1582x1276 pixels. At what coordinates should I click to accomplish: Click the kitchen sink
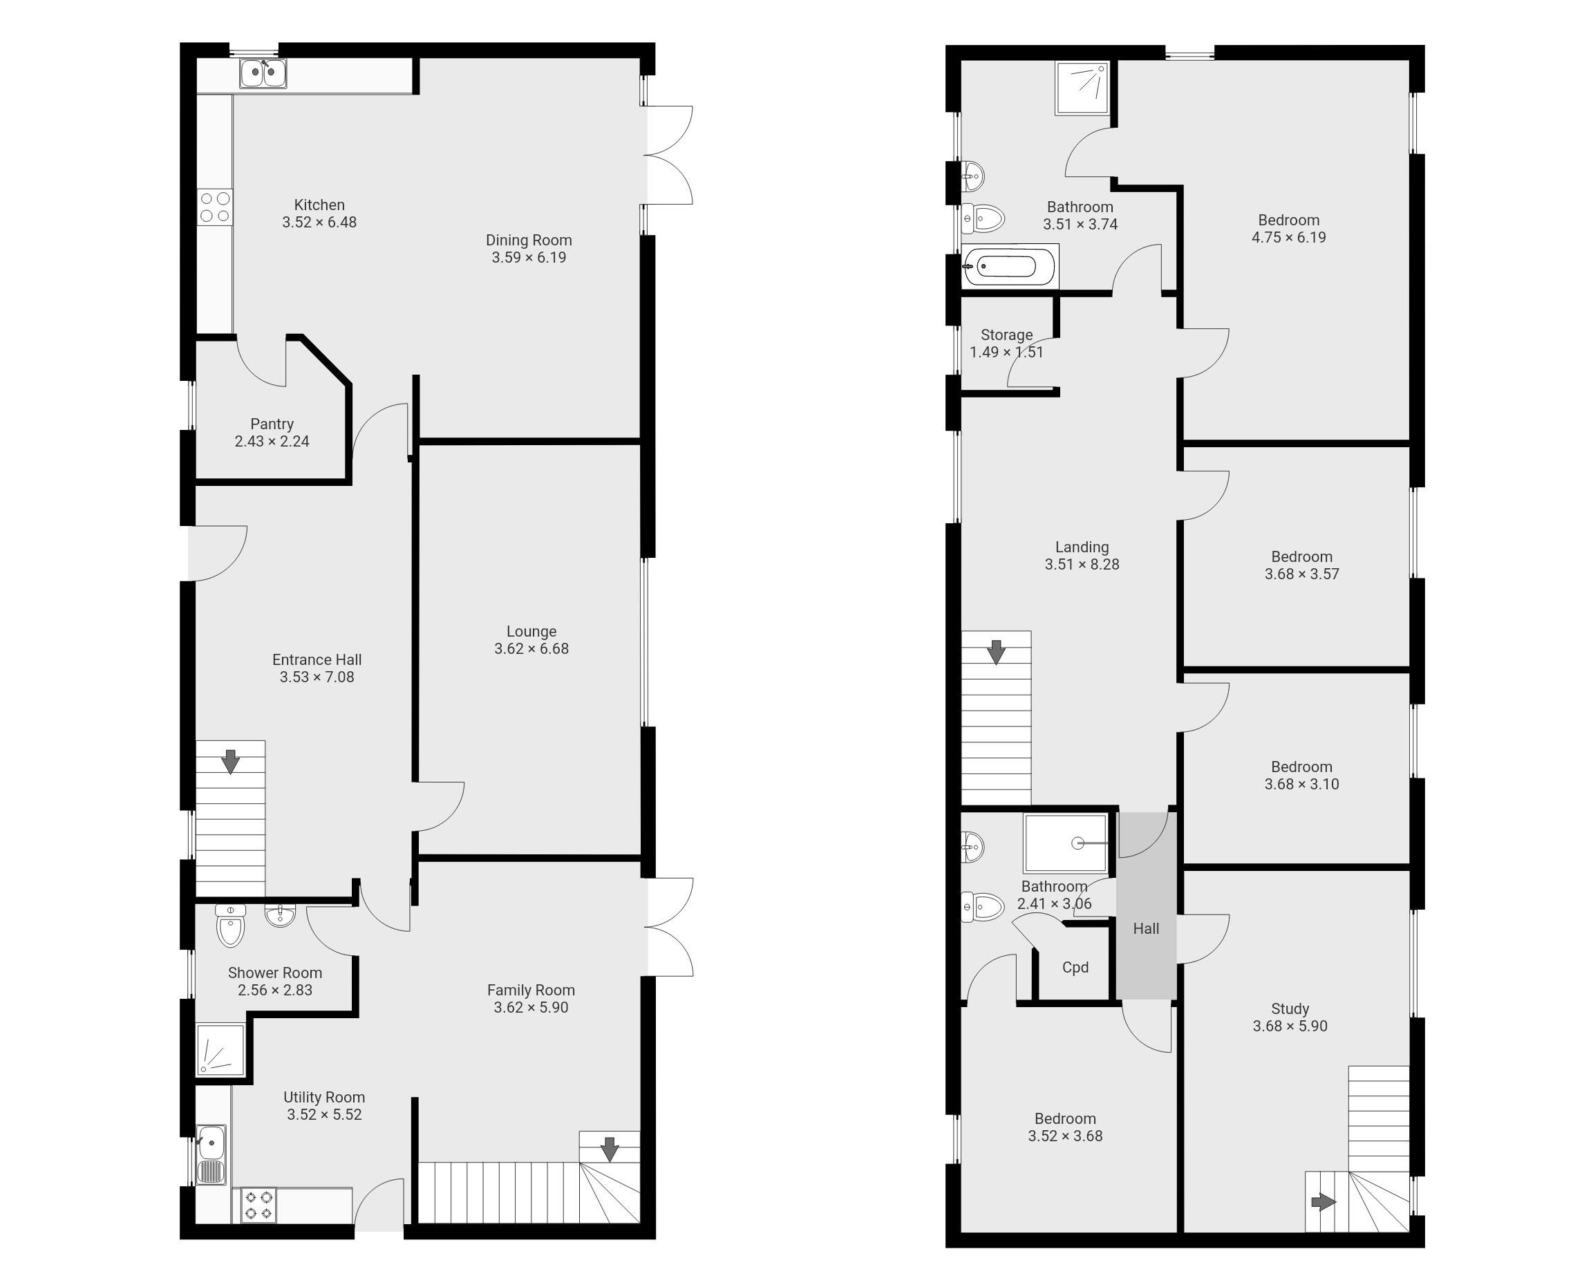click(263, 73)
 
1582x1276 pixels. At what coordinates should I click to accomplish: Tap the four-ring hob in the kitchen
click(214, 207)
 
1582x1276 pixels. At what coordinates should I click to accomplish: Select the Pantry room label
click(272, 424)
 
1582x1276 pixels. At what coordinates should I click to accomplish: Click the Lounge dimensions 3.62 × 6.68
click(531, 649)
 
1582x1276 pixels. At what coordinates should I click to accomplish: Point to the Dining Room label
click(529, 241)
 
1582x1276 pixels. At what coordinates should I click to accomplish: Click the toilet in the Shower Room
click(231, 926)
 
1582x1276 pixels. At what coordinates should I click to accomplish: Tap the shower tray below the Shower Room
click(220, 1049)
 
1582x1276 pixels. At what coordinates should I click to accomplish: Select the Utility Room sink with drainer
click(211, 1154)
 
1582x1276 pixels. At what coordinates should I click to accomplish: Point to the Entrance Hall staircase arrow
click(231, 762)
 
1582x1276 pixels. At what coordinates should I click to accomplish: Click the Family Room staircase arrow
click(609, 1149)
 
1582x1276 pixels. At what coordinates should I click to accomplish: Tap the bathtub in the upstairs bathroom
click(1010, 265)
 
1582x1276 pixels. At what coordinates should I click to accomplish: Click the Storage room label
click(1007, 335)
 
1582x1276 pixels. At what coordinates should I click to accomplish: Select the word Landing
click(1082, 547)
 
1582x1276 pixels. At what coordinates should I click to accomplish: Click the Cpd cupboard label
click(1075, 967)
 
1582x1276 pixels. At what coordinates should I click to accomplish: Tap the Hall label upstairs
click(1147, 929)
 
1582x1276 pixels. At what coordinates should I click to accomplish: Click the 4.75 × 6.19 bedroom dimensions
click(1289, 237)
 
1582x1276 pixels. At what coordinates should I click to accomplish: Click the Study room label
click(1290, 1009)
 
